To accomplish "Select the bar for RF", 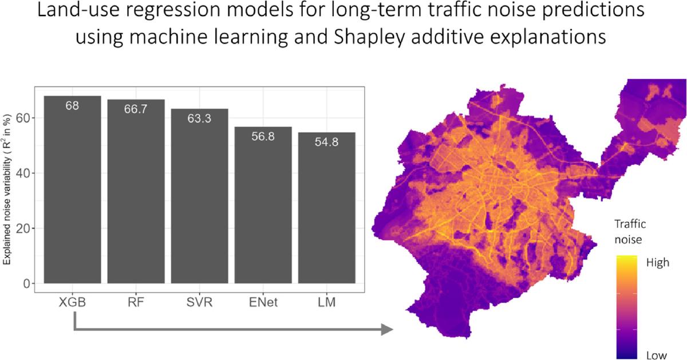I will (136, 192).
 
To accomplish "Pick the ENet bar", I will (263, 205).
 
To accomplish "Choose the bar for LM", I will (327, 208).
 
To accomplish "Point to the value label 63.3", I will (199, 118).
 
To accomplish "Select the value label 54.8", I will (327, 142).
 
